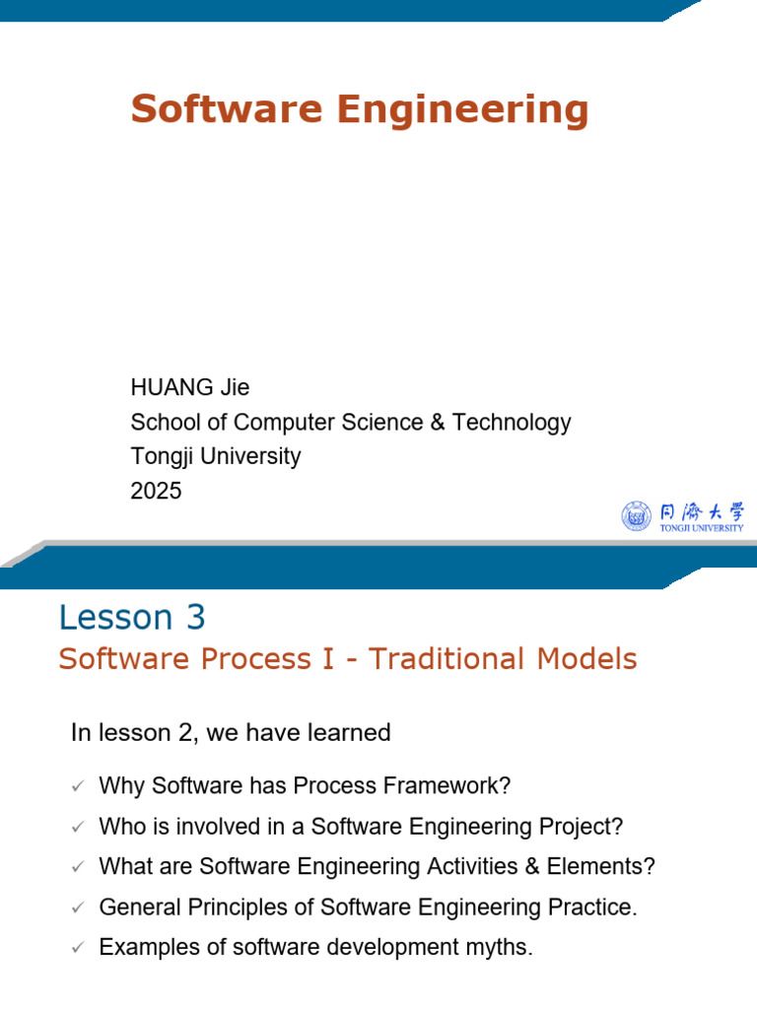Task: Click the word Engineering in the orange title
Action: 462,110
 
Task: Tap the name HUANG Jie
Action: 190,387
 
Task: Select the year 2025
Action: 156,491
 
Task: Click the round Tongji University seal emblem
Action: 636,516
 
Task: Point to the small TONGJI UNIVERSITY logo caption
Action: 702,528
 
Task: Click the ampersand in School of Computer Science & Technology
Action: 438,422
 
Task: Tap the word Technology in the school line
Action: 512,424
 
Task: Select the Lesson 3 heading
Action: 132,618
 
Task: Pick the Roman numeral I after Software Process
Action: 328,659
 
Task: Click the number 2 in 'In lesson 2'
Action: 184,733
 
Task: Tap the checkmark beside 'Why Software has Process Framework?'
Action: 78,786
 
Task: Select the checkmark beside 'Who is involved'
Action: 78,827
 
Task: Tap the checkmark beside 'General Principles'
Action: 78,908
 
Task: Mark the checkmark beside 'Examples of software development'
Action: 78,948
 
